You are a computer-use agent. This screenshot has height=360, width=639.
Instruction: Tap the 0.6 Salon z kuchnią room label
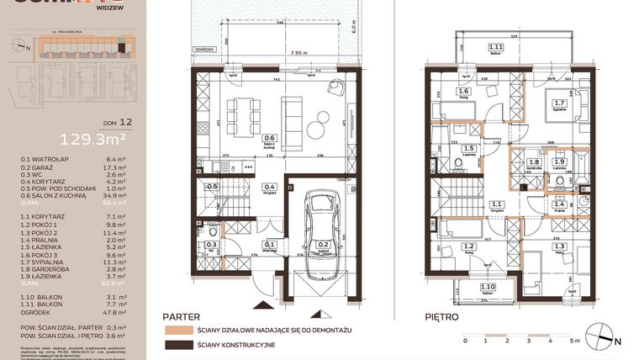(270, 140)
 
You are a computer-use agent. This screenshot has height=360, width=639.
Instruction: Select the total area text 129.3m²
(87, 139)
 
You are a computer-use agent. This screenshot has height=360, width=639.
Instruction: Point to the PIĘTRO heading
(441, 318)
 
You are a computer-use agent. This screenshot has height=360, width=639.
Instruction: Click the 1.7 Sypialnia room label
(559, 105)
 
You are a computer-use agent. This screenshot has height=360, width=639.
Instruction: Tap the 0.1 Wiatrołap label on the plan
(269, 246)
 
